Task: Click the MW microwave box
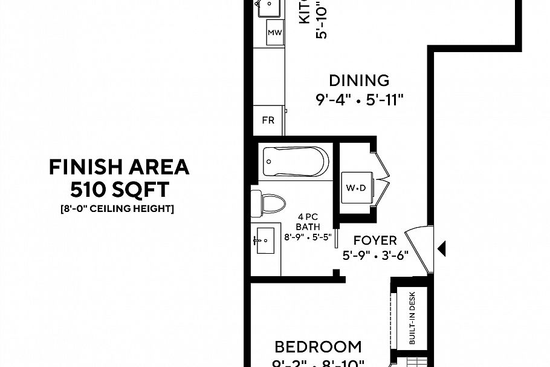[x=275, y=33]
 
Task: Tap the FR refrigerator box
[x=268, y=120]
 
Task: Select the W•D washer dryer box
[x=356, y=188]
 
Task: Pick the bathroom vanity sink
[x=264, y=242]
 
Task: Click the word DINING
[x=359, y=80]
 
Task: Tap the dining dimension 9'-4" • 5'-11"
[x=359, y=100]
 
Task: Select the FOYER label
[x=375, y=240]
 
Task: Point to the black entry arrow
[x=441, y=247]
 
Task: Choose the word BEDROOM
[x=318, y=347]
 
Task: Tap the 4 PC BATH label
[x=308, y=222]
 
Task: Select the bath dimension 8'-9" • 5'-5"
[x=308, y=237]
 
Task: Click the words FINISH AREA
[x=119, y=167]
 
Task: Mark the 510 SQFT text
[x=119, y=190]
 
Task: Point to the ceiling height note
[x=117, y=209]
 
